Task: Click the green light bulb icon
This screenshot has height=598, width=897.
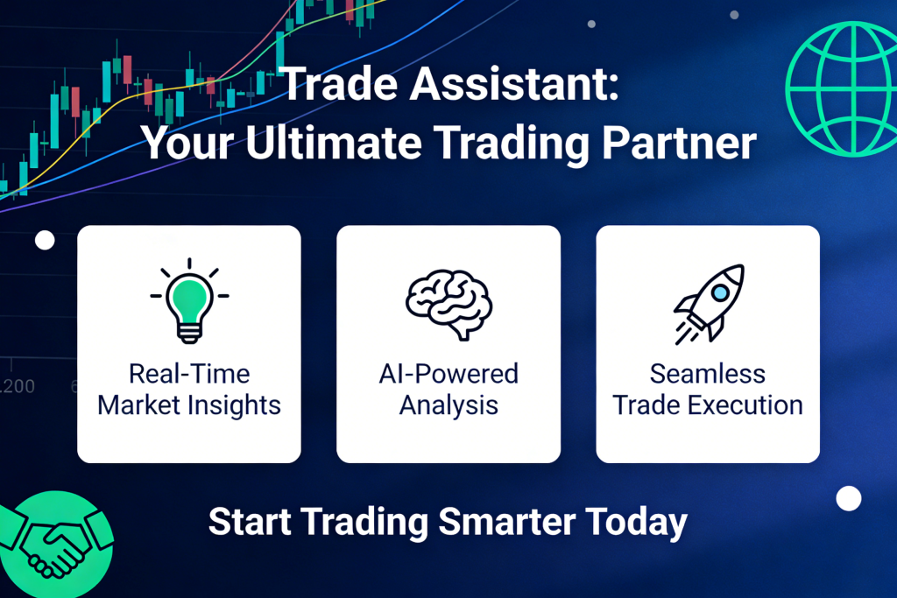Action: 189,298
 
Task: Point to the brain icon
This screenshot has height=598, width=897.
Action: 448,302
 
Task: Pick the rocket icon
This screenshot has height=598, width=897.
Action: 709,302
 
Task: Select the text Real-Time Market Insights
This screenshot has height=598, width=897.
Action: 189,390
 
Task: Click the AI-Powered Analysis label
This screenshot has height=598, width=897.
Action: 448,390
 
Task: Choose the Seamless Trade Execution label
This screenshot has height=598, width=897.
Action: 708,390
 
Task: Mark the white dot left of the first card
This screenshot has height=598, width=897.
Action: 45,240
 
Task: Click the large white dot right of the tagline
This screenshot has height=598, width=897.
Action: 848,499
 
